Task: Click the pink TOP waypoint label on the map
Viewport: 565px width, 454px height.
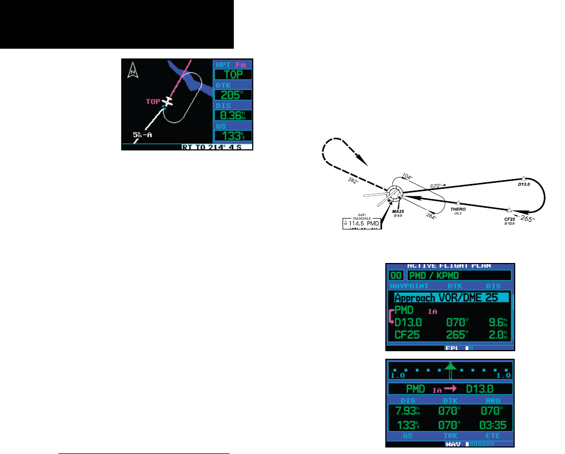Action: pos(154,101)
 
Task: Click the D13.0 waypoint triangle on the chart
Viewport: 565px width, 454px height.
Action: pos(523,178)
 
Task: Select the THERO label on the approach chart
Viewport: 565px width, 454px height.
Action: pos(458,208)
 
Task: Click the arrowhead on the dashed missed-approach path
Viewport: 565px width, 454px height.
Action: pos(363,161)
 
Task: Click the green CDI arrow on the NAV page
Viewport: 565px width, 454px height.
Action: pos(450,372)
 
